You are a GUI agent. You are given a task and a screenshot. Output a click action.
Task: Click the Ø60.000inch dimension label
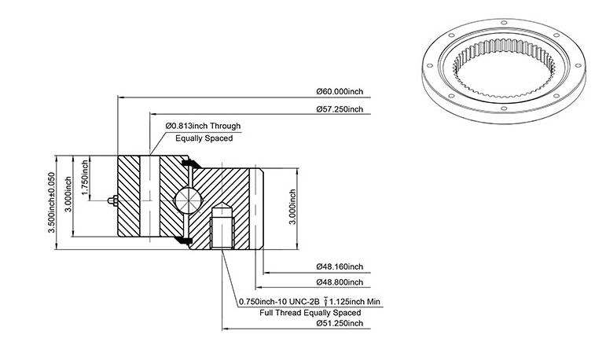(340, 92)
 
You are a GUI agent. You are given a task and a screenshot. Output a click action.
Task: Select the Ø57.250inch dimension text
(340, 109)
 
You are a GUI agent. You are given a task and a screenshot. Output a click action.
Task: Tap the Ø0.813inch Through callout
(203, 126)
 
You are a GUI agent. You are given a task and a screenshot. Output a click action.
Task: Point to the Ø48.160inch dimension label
(340, 266)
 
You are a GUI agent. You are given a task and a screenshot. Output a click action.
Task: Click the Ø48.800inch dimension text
(340, 282)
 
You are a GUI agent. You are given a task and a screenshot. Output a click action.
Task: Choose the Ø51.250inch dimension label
(340, 323)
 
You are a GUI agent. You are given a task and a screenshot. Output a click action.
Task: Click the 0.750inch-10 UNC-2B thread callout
(279, 301)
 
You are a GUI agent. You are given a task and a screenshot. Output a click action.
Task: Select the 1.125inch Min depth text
(354, 301)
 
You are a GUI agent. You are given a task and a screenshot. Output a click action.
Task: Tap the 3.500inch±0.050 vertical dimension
(51, 202)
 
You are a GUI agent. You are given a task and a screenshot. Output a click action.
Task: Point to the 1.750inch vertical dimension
(85, 178)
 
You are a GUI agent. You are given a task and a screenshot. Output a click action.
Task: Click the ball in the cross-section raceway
(188, 200)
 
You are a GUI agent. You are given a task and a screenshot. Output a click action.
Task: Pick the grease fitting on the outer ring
(113, 200)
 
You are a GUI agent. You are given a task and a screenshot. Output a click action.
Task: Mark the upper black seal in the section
(190, 163)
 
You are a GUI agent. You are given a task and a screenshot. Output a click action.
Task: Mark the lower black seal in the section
(183, 241)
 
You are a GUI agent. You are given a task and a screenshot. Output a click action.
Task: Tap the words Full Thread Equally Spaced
(310, 312)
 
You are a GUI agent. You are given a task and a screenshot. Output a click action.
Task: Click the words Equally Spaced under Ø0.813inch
(204, 138)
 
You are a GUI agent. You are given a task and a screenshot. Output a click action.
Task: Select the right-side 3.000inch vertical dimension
(292, 207)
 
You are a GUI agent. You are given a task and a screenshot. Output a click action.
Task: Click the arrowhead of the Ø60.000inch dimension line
(120, 97)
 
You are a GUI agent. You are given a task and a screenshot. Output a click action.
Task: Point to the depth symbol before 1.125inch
(325, 301)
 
